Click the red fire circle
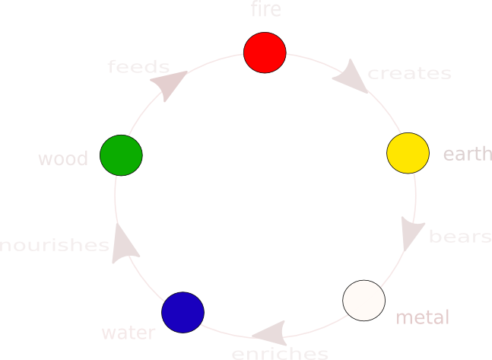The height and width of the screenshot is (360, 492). (x=265, y=53)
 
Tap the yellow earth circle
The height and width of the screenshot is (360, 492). (x=408, y=153)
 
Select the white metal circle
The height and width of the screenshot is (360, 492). (x=363, y=301)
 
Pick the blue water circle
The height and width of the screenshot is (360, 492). (x=183, y=312)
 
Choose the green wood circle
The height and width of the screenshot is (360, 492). (x=122, y=155)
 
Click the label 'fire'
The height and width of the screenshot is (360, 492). (x=265, y=10)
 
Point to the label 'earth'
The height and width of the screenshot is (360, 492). (x=467, y=155)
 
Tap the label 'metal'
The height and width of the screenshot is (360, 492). (x=423, y=317)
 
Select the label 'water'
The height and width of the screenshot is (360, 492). (x=129, y=333)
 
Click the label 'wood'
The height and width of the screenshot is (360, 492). (x=63, y=159)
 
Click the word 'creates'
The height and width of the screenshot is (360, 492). (x=409, y=74)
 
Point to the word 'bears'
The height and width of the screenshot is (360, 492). (x=460, y=237)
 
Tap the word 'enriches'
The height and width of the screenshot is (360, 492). (x=280, y=353)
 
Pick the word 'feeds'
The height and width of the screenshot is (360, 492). (x=138, y=67)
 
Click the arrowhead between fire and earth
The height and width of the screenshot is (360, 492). (x=351, y=77)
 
